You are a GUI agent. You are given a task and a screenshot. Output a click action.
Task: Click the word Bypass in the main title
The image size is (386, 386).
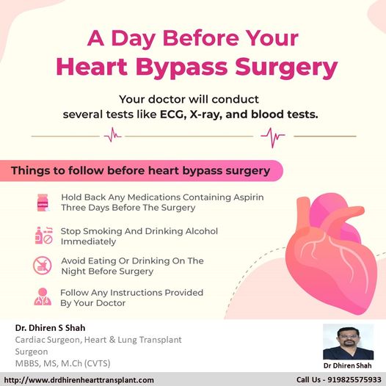(181, 68)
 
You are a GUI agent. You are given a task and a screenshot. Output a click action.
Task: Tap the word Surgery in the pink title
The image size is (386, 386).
(286, 68)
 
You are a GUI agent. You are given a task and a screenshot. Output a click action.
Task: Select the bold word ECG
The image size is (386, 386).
(172, 114)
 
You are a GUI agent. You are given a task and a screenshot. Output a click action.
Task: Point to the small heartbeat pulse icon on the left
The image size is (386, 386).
(113, 135)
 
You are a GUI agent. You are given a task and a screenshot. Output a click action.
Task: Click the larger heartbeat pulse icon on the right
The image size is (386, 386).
(273, 137)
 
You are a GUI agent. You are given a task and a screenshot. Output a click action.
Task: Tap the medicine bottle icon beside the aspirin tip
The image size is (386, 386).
(43, 203)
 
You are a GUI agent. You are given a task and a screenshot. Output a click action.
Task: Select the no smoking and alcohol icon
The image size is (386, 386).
(44, 236)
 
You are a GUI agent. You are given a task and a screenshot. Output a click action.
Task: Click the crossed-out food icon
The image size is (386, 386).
(43, 266)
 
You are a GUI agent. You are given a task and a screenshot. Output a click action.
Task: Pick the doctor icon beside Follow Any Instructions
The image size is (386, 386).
(43, 296)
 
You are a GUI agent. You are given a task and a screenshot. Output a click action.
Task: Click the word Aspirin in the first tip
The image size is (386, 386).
(248, 197)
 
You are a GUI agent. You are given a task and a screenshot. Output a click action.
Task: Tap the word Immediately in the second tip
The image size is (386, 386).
(88, 241)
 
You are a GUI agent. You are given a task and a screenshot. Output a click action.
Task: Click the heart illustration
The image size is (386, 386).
(331, 254)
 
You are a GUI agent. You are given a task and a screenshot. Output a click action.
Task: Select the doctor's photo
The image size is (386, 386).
(348, 342)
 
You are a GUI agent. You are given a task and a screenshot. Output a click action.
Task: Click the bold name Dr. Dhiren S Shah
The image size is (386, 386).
(50, 328)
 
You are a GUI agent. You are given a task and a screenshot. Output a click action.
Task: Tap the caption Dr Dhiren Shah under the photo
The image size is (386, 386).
(347, 365)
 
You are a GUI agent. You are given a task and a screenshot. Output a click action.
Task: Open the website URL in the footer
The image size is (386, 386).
(79, 380)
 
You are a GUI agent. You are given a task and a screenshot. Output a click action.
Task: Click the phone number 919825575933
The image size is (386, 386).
(354, 380)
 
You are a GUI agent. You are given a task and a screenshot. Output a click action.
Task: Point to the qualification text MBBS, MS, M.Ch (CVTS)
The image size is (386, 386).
(63, 363)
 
